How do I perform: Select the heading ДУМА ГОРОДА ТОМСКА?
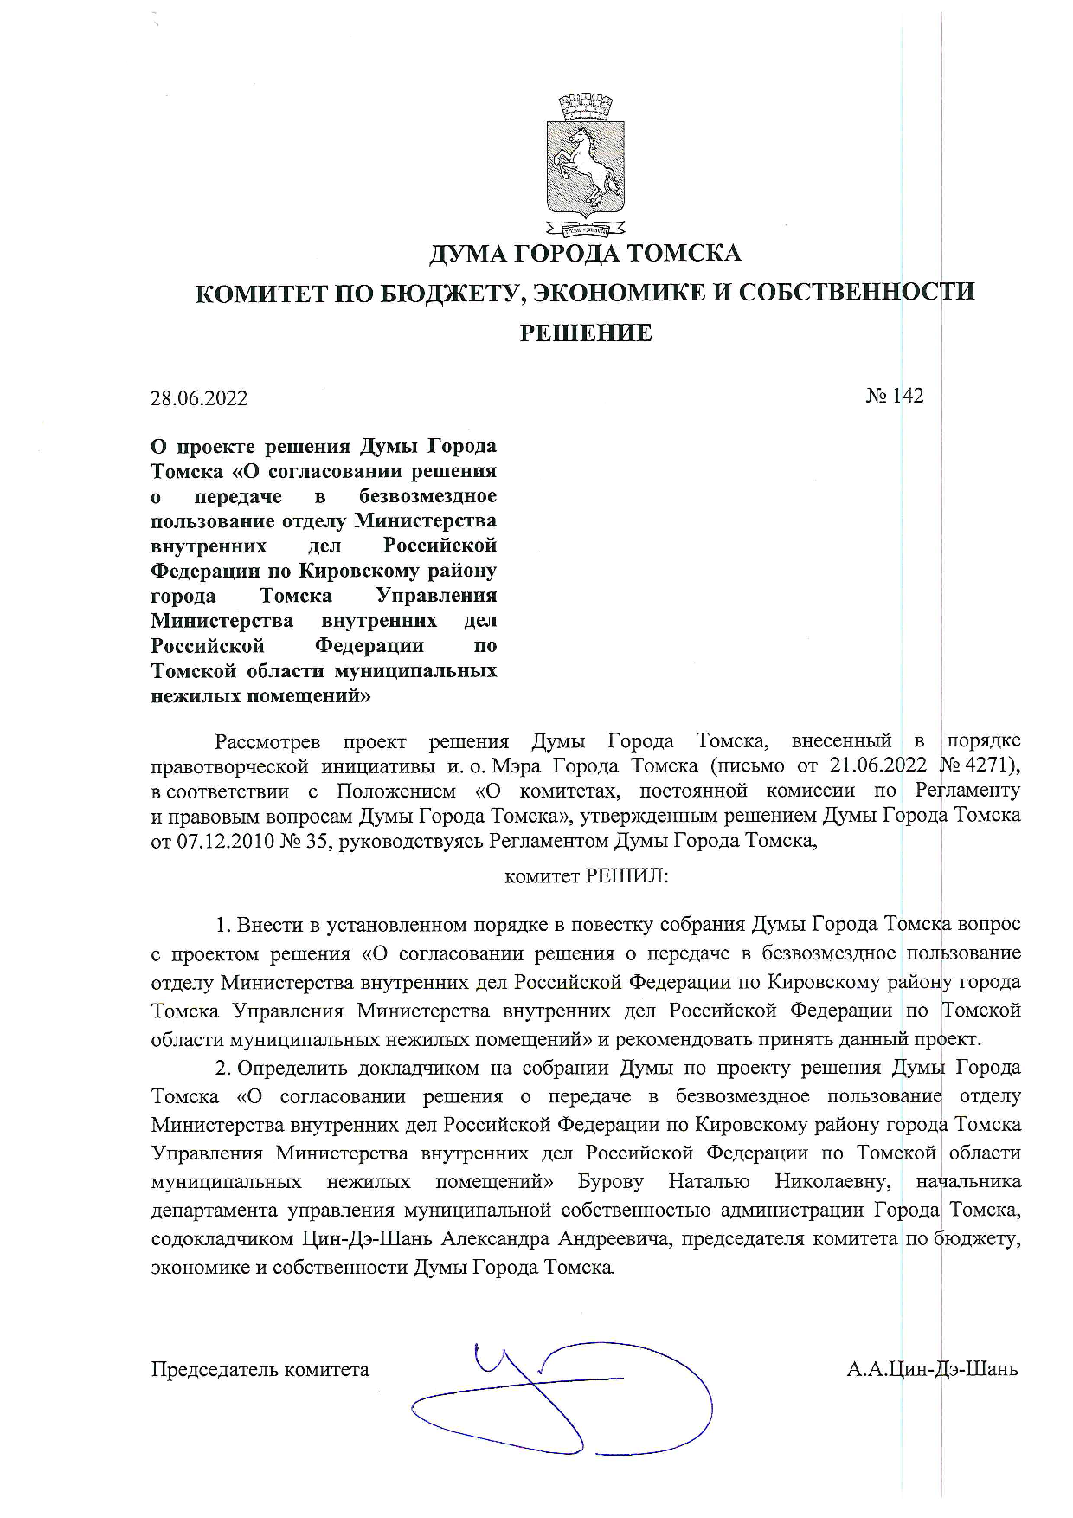coord(585,254)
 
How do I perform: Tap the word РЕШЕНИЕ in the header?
coord(585,333)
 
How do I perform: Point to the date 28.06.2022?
coord(199,398)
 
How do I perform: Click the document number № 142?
coord(895,396)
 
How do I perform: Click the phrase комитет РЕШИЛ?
coord(586,875)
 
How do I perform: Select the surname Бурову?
coord(610,1181)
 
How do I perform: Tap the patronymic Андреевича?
coord(614,1238)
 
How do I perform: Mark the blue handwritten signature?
coord(562,1395)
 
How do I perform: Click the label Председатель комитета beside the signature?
coord(260,1369)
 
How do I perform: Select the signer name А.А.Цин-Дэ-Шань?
coord(932,1369)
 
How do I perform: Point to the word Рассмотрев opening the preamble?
coord(267,741)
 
